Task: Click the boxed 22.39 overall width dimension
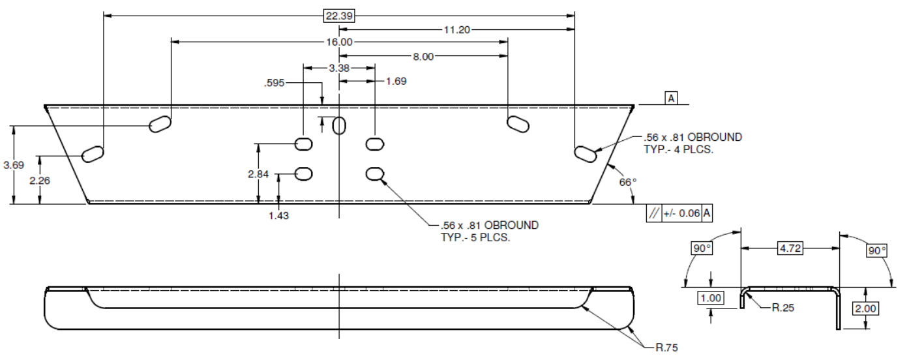coord(337,16)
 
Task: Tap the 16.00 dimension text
coord(338,42)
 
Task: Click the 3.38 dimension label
coord(338,68)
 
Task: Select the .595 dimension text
coord(275,83)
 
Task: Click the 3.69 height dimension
coord(14,165)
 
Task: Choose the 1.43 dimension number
coord(279,215)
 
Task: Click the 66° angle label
coord(627,183)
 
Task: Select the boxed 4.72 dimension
coord(790,248)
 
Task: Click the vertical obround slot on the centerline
coord(339,125)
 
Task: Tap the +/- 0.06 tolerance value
coord(681,213)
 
